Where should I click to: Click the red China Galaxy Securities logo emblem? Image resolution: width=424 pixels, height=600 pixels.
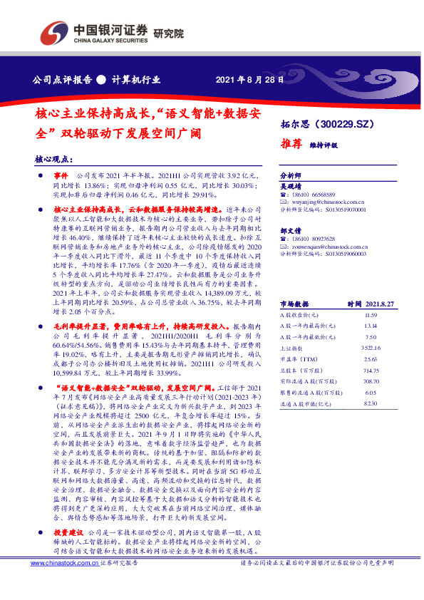point(51,32)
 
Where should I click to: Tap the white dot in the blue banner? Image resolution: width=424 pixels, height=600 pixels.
point(101,80)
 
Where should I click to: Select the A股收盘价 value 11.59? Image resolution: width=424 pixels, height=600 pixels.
point(369,314)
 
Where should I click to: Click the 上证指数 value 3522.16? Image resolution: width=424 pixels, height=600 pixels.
point(369,348)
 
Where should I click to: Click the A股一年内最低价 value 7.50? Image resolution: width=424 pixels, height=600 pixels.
point(369,337)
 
